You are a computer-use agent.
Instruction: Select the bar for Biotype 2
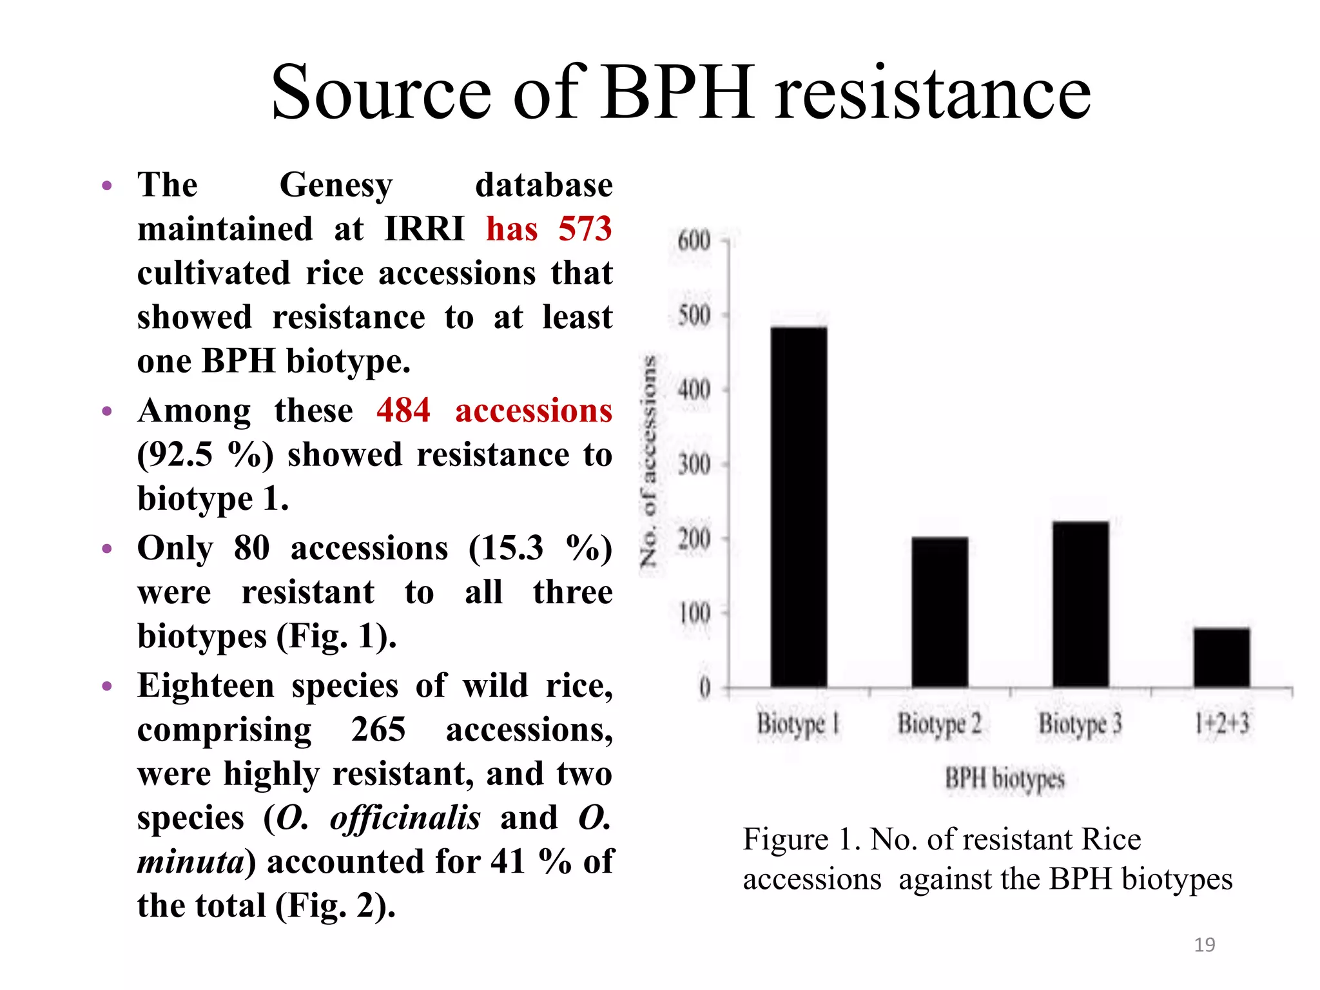pos(939,612)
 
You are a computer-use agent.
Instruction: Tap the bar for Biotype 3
pos(1080,604)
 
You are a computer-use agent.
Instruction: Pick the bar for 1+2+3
pos(1221,657)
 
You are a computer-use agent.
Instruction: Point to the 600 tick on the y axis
pos(694,241)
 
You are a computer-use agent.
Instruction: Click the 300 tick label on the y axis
pos(694,464)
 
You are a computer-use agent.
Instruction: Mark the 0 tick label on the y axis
pos(704,688)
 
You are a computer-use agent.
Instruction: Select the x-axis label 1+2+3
pos(1221,723)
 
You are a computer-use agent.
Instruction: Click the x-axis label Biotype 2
pos(939,724)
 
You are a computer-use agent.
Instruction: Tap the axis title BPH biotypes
pos(1004,779)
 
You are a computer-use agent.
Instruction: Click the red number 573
pos(585,229)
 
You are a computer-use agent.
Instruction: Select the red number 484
pos(403,411)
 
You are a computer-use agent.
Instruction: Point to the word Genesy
pos(336,186)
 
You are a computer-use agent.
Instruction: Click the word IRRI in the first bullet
pos(424,229)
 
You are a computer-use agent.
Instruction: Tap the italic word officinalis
pos(405,818)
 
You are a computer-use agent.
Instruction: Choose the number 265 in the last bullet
pos(378,730)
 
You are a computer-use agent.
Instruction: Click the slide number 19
pos(1204,944)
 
